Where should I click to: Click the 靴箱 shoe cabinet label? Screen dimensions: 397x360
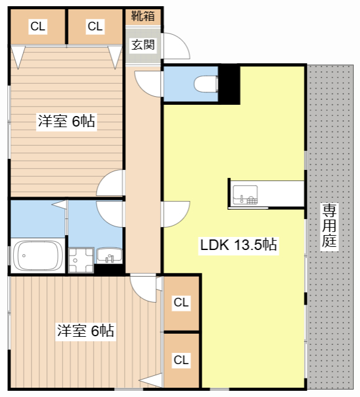click(143, 15)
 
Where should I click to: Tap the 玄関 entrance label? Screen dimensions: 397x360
click(143, 45)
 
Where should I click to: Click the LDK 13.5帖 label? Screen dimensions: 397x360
click(238, 244)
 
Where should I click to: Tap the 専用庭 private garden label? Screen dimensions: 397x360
click(330, 226)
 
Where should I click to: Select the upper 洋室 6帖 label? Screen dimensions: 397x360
click(66, 122)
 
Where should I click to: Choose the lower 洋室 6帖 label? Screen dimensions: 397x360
click(85, 331)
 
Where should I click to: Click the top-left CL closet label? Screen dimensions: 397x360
click(38, 26)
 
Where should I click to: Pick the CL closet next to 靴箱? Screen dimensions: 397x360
click(95, 26)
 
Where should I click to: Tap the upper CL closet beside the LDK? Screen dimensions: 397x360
click(181, 303)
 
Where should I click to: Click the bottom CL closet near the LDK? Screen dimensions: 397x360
click(181, 360)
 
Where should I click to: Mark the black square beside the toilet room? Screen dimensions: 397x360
click(230, 84)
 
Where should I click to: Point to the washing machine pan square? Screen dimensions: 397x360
click(81, 259)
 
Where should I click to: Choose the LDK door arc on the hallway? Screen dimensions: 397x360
click(176, 215)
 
